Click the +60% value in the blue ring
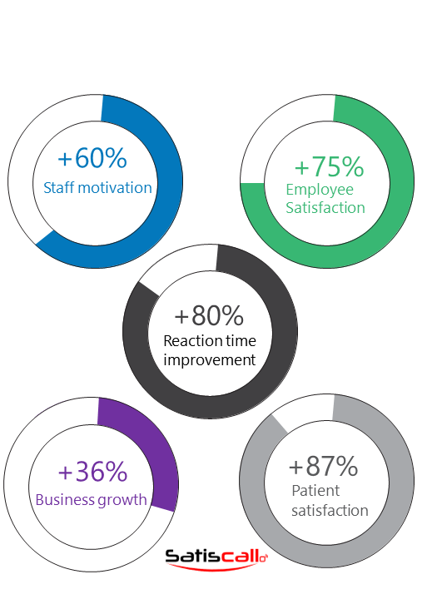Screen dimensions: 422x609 (x=92, y=158)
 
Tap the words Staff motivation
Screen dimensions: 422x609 (x=97, y=188)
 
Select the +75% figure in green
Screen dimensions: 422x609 (x=329, y=166)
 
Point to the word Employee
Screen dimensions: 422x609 (x=320, y=191)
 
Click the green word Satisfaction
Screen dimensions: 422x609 (x=325, y=208)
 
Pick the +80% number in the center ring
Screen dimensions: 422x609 (x=209, y=315)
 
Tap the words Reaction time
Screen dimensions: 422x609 (x=210, y=341)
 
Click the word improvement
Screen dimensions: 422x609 (x=210, y=360)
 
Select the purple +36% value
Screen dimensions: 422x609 (x=92, y=472)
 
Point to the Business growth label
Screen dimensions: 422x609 (x=92, y=500)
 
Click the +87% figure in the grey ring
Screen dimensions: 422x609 (x=323, y=466)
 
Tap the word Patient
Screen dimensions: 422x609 (x=315, y=491)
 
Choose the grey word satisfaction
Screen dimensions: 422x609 (x=330, y=510)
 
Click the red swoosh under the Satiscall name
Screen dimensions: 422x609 (x=212, y=567)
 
